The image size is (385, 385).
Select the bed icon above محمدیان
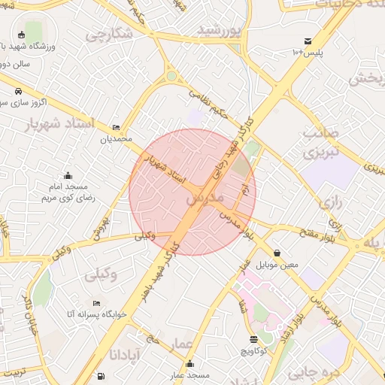[116, 128]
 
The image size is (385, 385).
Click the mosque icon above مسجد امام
[68, 174]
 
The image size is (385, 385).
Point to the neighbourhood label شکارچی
[108, 34]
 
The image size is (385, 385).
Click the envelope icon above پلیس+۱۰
[308, 41]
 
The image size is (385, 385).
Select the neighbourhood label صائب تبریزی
[321, 142]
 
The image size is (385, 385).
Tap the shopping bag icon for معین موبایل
[278, 253]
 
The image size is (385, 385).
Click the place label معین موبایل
[278, 265]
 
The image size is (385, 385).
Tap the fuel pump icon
[100, 374]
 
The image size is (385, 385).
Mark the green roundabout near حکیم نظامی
[171, 76]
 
